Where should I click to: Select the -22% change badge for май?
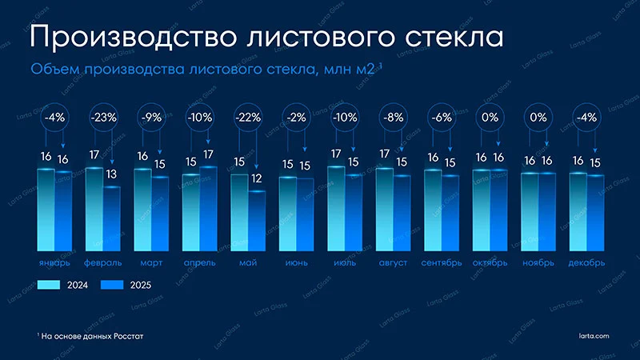pos(248,117)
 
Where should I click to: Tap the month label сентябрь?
pos(442,262)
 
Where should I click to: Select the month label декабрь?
pos(586,262)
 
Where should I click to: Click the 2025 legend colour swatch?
pos(114,284)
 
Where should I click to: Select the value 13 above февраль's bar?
pos(111,174)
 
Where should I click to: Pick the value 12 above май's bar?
pos(256,178)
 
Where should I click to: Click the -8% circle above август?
pos(393,117)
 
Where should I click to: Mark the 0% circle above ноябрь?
pos(538,117)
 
